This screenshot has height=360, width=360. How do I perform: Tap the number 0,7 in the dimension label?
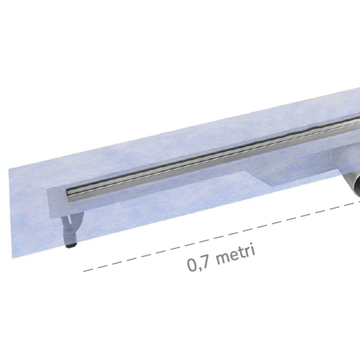click(x=198, y=264)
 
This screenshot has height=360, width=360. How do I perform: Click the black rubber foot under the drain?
click(x=70, y=245)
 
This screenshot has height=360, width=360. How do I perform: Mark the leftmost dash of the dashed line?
click(x=89, y=271)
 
